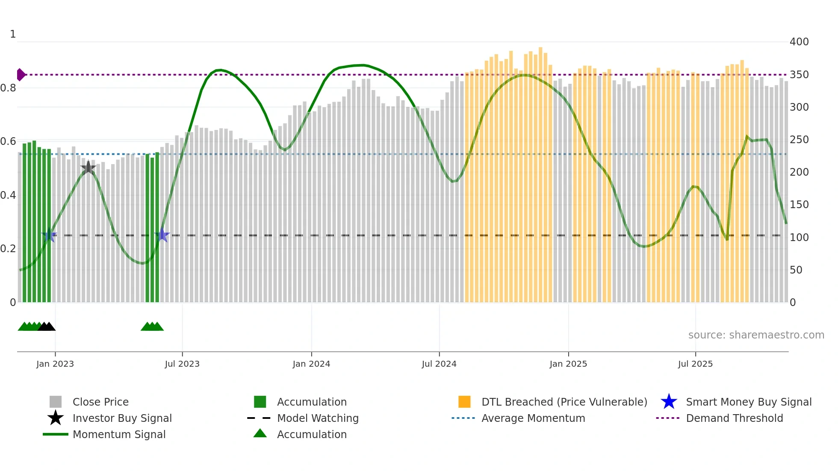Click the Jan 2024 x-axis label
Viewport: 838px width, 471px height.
pyautogui.click(x=311, y=364)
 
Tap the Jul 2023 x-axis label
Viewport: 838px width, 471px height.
pyautogui.click(x=182, y=364)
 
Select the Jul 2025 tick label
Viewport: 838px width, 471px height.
pyautogui.click(x=695, y=364)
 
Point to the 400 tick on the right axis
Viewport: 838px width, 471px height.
pyautogui.click(x=799, y=42)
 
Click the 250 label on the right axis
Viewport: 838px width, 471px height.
pyautogui.click(x=799, y=140)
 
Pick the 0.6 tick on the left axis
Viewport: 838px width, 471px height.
pyautogui.click(x=8, y=141)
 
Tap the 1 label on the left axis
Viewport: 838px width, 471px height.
pyautogui.click(x=13, y=34)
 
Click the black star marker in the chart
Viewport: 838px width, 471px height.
pyautogui.click(x=88, y=168)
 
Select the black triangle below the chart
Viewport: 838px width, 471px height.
pyautogui.click(x=47, y=327)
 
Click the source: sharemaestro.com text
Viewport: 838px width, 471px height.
pyautogui.click(x=756, y=335)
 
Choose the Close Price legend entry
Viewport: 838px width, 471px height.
pyautogui.click(x=100, y=402)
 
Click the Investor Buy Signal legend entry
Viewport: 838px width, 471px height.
pyautogui.click(x=122, y=418)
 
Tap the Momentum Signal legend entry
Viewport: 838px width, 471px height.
pyautogui.click(x=119, y=434)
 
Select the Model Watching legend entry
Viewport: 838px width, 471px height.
pyautogui.click(x=318, y=418)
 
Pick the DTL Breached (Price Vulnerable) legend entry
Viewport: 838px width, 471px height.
pyautogui.click(x=564, y=402)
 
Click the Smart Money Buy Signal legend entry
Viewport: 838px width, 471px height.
pyautogui.click(x=749, y=402)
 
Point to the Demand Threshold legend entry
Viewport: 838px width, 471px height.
pyautogui.click(x=734, y=418)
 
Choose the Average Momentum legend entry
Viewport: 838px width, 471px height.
pyautogui.click(x=533, y=418)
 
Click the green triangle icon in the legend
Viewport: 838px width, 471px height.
pyautogui.click(x=260, y=433)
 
